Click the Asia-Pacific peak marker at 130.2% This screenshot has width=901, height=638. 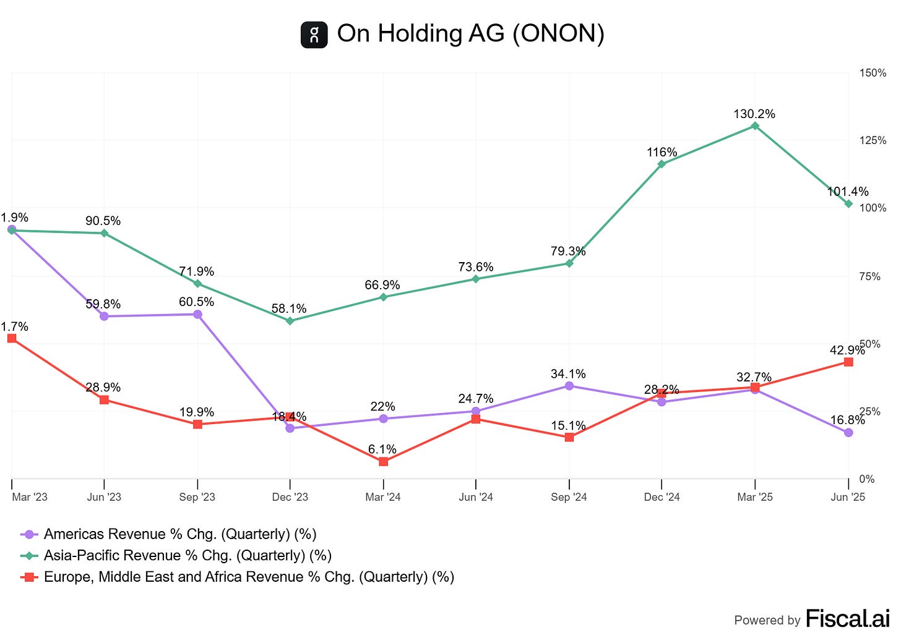coord(755,126)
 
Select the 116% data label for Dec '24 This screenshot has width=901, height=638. coord(662,152)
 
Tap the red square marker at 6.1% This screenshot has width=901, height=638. coord(383,462)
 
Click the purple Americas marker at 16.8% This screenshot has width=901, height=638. coord(848,433)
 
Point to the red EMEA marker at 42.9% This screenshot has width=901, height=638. coord(848,362)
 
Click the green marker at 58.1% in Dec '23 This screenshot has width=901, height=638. coord(290,321)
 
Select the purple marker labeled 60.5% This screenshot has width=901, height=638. coord(197,315)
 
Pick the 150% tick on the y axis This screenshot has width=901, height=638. coord(873,73)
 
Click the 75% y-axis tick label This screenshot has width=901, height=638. coord(869,276)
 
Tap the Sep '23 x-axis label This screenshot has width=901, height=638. coord(197,497)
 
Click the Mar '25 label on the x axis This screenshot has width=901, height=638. coord(754,497)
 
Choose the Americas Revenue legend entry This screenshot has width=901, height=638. coord(179,534)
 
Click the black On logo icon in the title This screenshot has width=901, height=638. coord(314,35)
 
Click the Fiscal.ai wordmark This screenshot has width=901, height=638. coord(847,618)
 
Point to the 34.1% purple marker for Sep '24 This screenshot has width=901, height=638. coord(569,386)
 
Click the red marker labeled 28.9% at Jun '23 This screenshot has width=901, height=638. coord(104,400)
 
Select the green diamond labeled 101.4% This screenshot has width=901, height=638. coord(848,204)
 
